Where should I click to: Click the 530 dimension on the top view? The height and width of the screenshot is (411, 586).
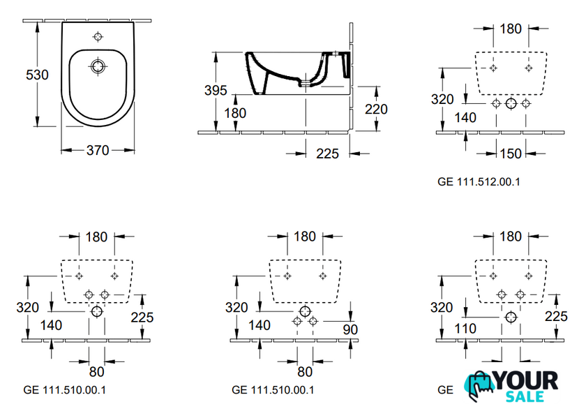37,75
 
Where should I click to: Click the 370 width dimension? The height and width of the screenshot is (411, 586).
97,151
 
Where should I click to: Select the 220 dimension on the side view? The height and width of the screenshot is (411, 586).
375,109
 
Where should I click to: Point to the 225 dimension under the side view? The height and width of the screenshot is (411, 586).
326,153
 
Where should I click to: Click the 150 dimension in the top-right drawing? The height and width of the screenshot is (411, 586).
511,153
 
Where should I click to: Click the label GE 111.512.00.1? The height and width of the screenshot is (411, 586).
479,181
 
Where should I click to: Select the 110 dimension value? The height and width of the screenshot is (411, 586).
463,328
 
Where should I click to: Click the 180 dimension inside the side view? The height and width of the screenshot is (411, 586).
235,113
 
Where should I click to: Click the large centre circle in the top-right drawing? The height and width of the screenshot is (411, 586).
511,104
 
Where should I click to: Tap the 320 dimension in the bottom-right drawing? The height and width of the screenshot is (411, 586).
442,307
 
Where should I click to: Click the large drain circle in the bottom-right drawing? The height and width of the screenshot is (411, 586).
511,317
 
